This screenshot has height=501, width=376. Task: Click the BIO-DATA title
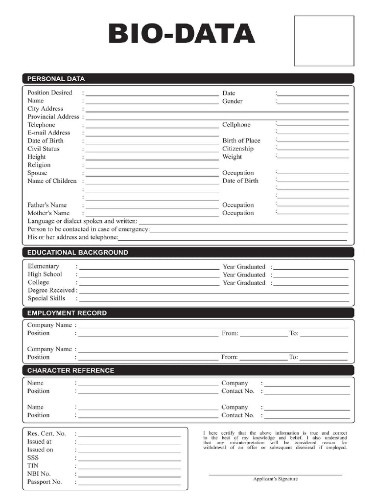[182, 35]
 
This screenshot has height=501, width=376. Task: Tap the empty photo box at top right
[324, 41]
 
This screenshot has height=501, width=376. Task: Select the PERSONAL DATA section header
[56, 78]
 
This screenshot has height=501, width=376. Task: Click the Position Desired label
[49, 92]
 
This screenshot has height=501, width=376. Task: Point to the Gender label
[232, 101]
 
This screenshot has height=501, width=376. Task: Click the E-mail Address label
[48, 133]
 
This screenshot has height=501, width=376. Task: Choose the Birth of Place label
[241, 140]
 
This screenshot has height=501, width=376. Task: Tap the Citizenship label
[238, 149]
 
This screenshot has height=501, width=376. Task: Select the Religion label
[39, 165]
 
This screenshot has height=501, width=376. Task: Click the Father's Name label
[47, 205]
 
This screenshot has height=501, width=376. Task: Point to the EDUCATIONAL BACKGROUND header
[77, 252]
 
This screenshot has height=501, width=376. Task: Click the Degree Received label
[51, 290]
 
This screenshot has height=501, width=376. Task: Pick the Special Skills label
[46, 298]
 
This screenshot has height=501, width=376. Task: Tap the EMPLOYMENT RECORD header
[67, 313]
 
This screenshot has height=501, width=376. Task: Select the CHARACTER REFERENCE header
[70, 370]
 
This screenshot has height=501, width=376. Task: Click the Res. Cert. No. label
[46, 433]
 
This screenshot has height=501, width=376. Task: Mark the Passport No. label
[45, 482]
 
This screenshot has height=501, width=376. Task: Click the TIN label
[33, 466]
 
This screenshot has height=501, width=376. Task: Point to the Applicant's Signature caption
[275, 479]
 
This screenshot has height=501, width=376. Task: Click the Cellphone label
[236, 125]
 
